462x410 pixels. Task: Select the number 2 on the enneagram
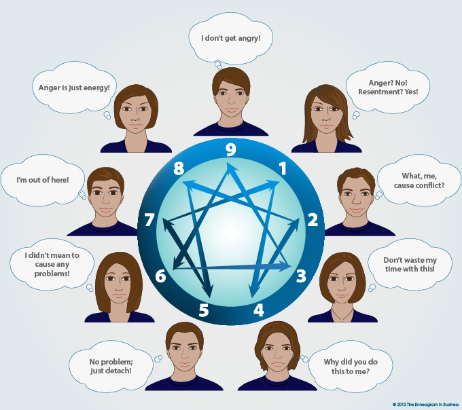[313, 219]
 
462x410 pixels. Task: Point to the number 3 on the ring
[299, 275]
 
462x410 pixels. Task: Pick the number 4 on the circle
[259, 310]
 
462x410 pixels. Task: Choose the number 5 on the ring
[203, 310]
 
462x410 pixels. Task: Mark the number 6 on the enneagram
[160, 276]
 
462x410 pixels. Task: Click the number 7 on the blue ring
[149, 220]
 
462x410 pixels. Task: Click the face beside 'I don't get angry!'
[230, 95]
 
